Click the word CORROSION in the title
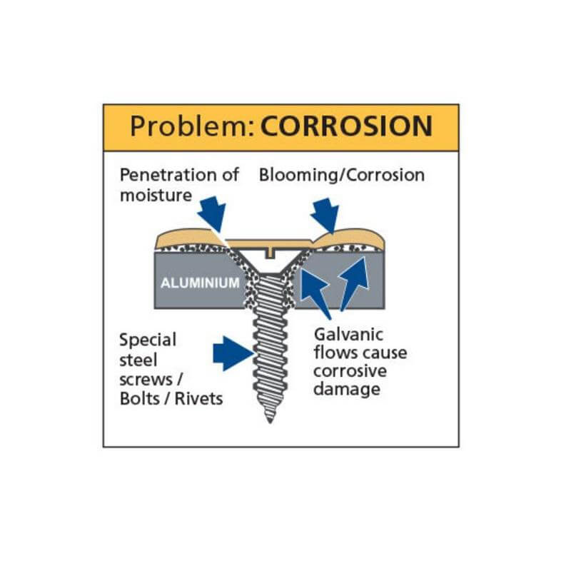pos(346,126)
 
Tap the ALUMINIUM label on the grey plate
pos(200,283)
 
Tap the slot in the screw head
pos(269,252)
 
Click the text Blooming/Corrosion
pos(342,175)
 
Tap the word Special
pos(148,339)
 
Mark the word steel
pos(137,359)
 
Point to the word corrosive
pos(350,372)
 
